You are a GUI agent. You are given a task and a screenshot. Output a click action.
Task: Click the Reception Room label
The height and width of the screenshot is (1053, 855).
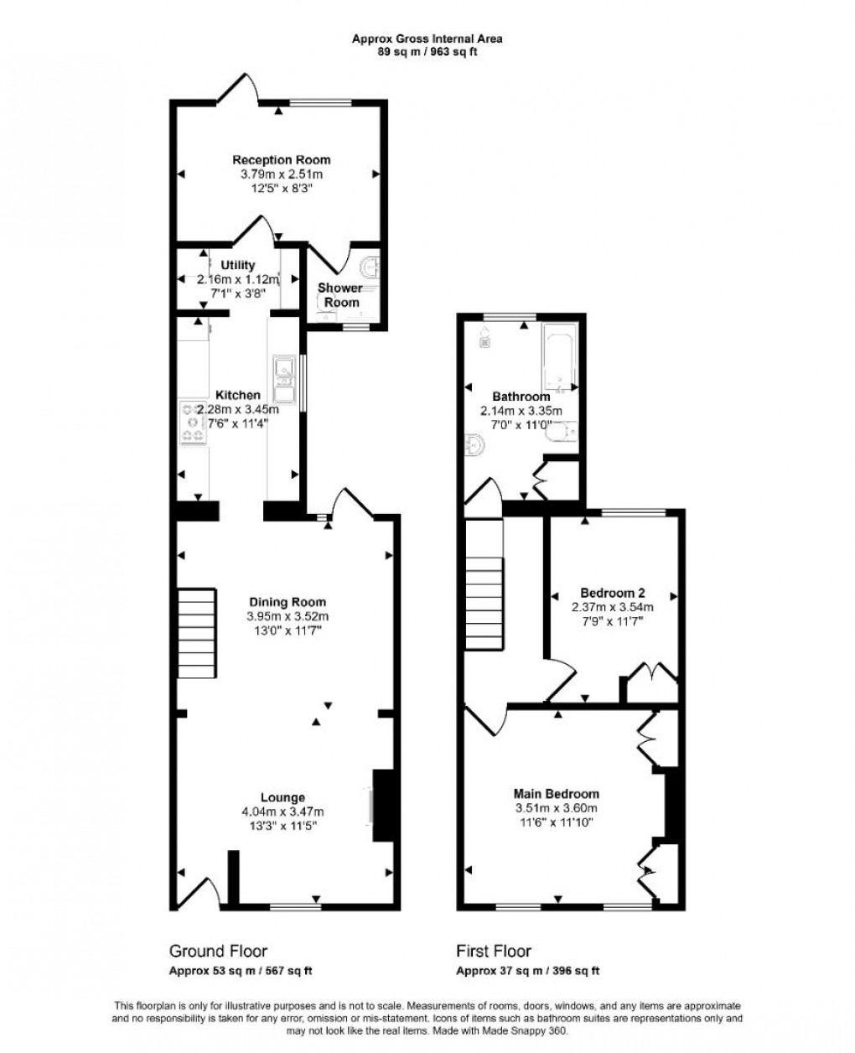point(281,159)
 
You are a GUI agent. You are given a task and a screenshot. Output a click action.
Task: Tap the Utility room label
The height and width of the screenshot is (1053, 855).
point(238,265)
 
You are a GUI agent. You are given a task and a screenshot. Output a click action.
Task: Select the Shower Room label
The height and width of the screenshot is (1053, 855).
point(339,294)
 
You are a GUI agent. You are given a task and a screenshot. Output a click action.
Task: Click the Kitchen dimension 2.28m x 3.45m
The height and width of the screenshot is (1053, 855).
point(238,409)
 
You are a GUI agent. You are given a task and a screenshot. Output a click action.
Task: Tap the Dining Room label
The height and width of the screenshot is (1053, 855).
point(287,602)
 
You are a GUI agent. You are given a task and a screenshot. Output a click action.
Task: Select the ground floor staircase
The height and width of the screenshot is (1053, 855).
point(197,633)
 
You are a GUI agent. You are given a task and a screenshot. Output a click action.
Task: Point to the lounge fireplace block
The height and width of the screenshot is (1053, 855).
point(382,804)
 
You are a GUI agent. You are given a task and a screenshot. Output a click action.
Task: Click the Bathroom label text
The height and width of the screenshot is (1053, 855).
point(521,397)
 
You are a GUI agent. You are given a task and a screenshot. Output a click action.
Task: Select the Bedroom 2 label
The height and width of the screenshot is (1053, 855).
point(613,592)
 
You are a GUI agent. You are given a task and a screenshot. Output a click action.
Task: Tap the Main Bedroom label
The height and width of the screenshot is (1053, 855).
point(557,794)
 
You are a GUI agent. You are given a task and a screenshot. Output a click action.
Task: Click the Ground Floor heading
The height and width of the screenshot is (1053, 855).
point(218,951)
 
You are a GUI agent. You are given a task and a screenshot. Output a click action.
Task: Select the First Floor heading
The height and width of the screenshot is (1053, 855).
point(494,951)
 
